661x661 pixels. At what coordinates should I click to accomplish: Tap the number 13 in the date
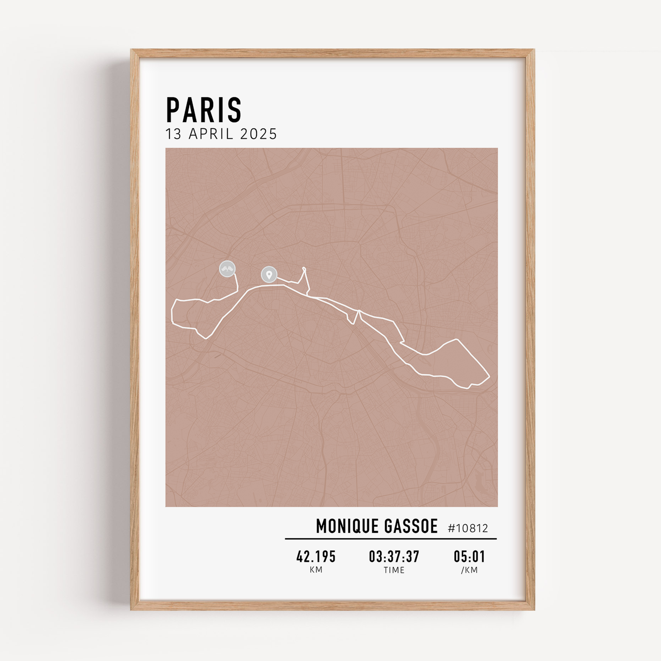click(x=174, y=134)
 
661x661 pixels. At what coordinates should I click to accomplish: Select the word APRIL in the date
click(x=211, y=134)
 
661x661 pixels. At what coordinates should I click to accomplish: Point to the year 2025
click(x=258, y=134)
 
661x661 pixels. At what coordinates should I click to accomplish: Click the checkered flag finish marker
click(x=227, y=269)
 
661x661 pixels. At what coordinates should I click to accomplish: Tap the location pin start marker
click(x=269, y=274)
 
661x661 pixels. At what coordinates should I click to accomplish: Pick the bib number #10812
click(x=468, y=528)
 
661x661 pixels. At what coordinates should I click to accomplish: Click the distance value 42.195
click(x=316, y=557)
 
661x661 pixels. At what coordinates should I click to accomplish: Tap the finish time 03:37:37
click(x=394, y=557)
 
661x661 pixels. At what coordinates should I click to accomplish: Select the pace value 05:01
click(x=469, y=557)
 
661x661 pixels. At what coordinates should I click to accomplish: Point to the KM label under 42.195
click(x=316, y=570)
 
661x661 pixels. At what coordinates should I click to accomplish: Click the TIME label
click(x=394, y=570)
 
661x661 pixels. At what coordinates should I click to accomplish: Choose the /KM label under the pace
click(x=469, y=570)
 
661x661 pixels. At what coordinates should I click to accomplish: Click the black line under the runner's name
click(x=391, y=539)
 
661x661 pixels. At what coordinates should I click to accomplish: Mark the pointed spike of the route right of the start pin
click(x=304, y=268)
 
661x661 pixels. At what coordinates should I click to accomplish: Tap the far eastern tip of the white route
click(x=489, y=377)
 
